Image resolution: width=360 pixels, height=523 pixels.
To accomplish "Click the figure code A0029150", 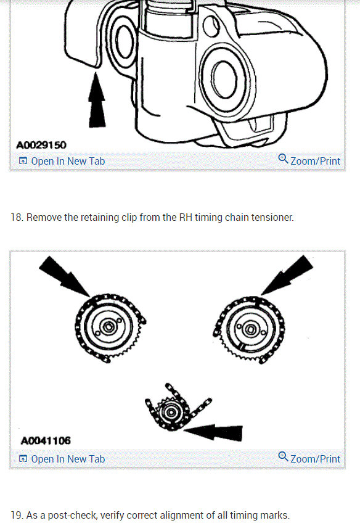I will click(41, 145).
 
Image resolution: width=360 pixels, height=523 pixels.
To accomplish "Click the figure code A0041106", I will click(46, 441).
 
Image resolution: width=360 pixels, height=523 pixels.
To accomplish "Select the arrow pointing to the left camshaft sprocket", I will click(65, 276).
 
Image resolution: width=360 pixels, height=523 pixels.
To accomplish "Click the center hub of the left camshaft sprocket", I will click(107, 327).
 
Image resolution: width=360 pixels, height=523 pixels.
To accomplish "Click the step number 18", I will click(17, 218).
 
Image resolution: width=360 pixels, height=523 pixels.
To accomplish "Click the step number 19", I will click(17, 515).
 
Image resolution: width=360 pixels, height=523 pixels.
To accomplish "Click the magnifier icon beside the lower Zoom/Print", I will click(283, 457).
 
